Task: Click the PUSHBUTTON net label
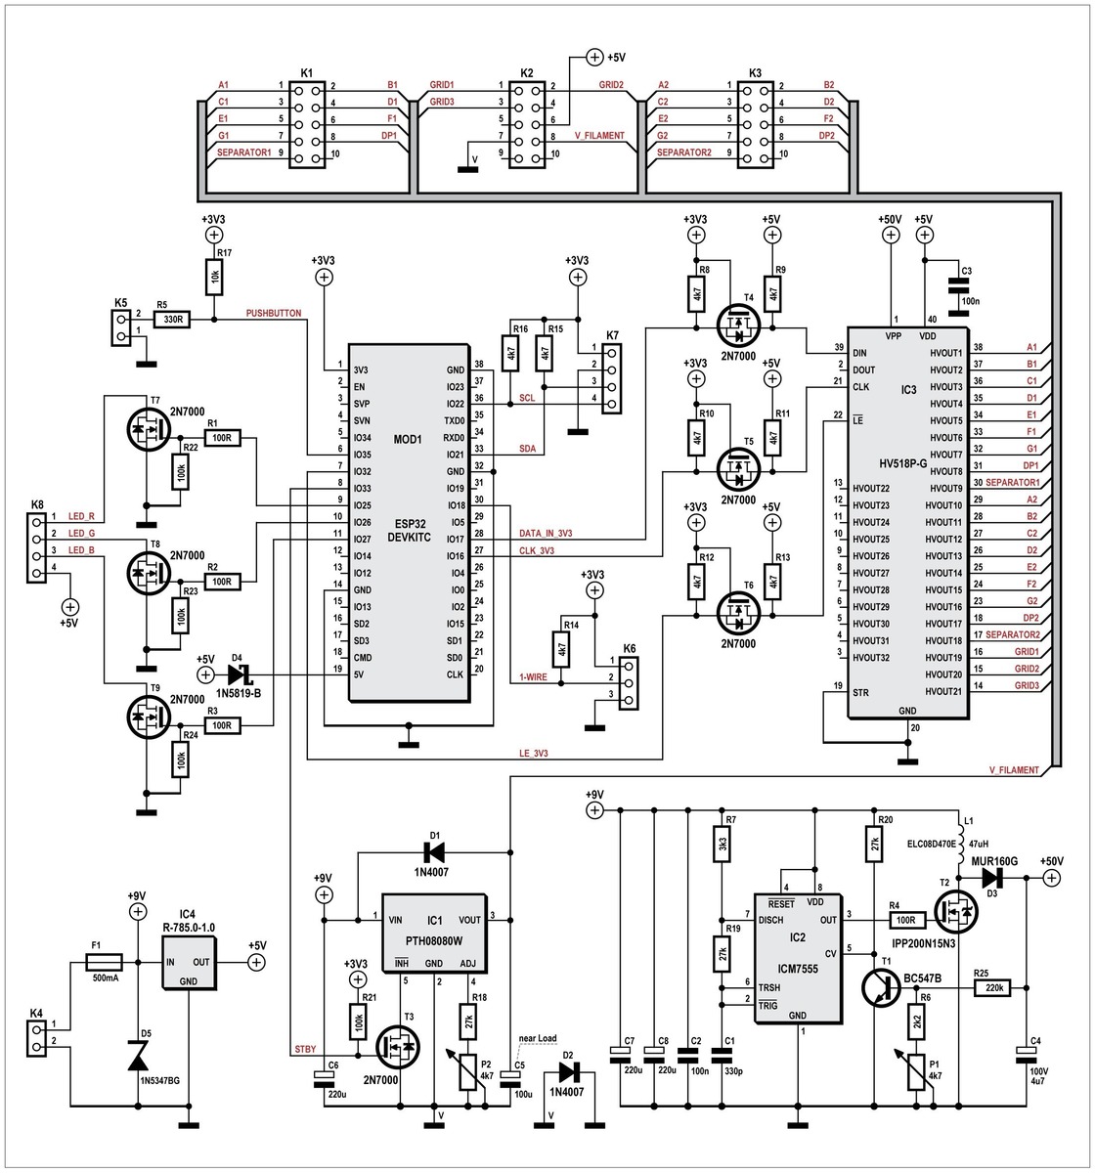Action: pyautogui.click(x=275, y=314)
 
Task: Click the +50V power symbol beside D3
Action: pyautogui.click(x=1051, y=878)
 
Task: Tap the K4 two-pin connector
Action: pyautogui.click(x=38, y=1038)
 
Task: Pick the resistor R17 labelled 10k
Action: pyautogui.click(x=212, y=280)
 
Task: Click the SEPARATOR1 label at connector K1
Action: pyautogui.click(x=243, y=153)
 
